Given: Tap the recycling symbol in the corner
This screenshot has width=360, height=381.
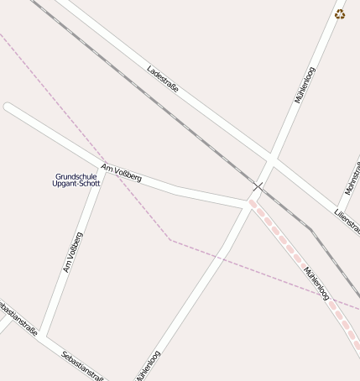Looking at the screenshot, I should click(x=340, y=13).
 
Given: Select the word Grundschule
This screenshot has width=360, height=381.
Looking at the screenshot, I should click(x=76, y=176).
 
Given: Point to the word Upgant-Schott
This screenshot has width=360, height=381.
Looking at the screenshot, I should click(x=76, y=184).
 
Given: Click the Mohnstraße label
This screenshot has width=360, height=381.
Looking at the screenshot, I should click(x=352, y=179).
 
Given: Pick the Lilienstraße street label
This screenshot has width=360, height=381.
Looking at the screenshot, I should click(x=347, y=222).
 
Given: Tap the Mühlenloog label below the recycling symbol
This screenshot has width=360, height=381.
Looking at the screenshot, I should click(x=305, y=85).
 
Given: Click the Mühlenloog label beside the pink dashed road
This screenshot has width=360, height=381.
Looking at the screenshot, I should click(x=316, y=283).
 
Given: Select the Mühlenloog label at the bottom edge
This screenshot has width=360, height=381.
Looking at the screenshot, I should click(x=148, y=366).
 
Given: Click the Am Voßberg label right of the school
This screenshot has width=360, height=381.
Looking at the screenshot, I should click(x=121, y=173).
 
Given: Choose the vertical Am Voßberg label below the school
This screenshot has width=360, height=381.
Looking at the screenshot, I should click(x=72, y=252).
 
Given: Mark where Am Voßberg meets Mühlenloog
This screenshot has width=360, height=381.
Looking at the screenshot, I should click(x=249, y=204).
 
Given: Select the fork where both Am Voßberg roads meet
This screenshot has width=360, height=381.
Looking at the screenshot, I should click(x=103, y=167).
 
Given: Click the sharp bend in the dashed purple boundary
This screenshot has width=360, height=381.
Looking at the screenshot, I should click(x=170, y=240).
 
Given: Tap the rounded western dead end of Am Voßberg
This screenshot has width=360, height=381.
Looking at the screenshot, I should click(x=8, y=107).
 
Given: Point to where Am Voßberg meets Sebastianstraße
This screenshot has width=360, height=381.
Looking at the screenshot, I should click(x=42, y=337).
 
